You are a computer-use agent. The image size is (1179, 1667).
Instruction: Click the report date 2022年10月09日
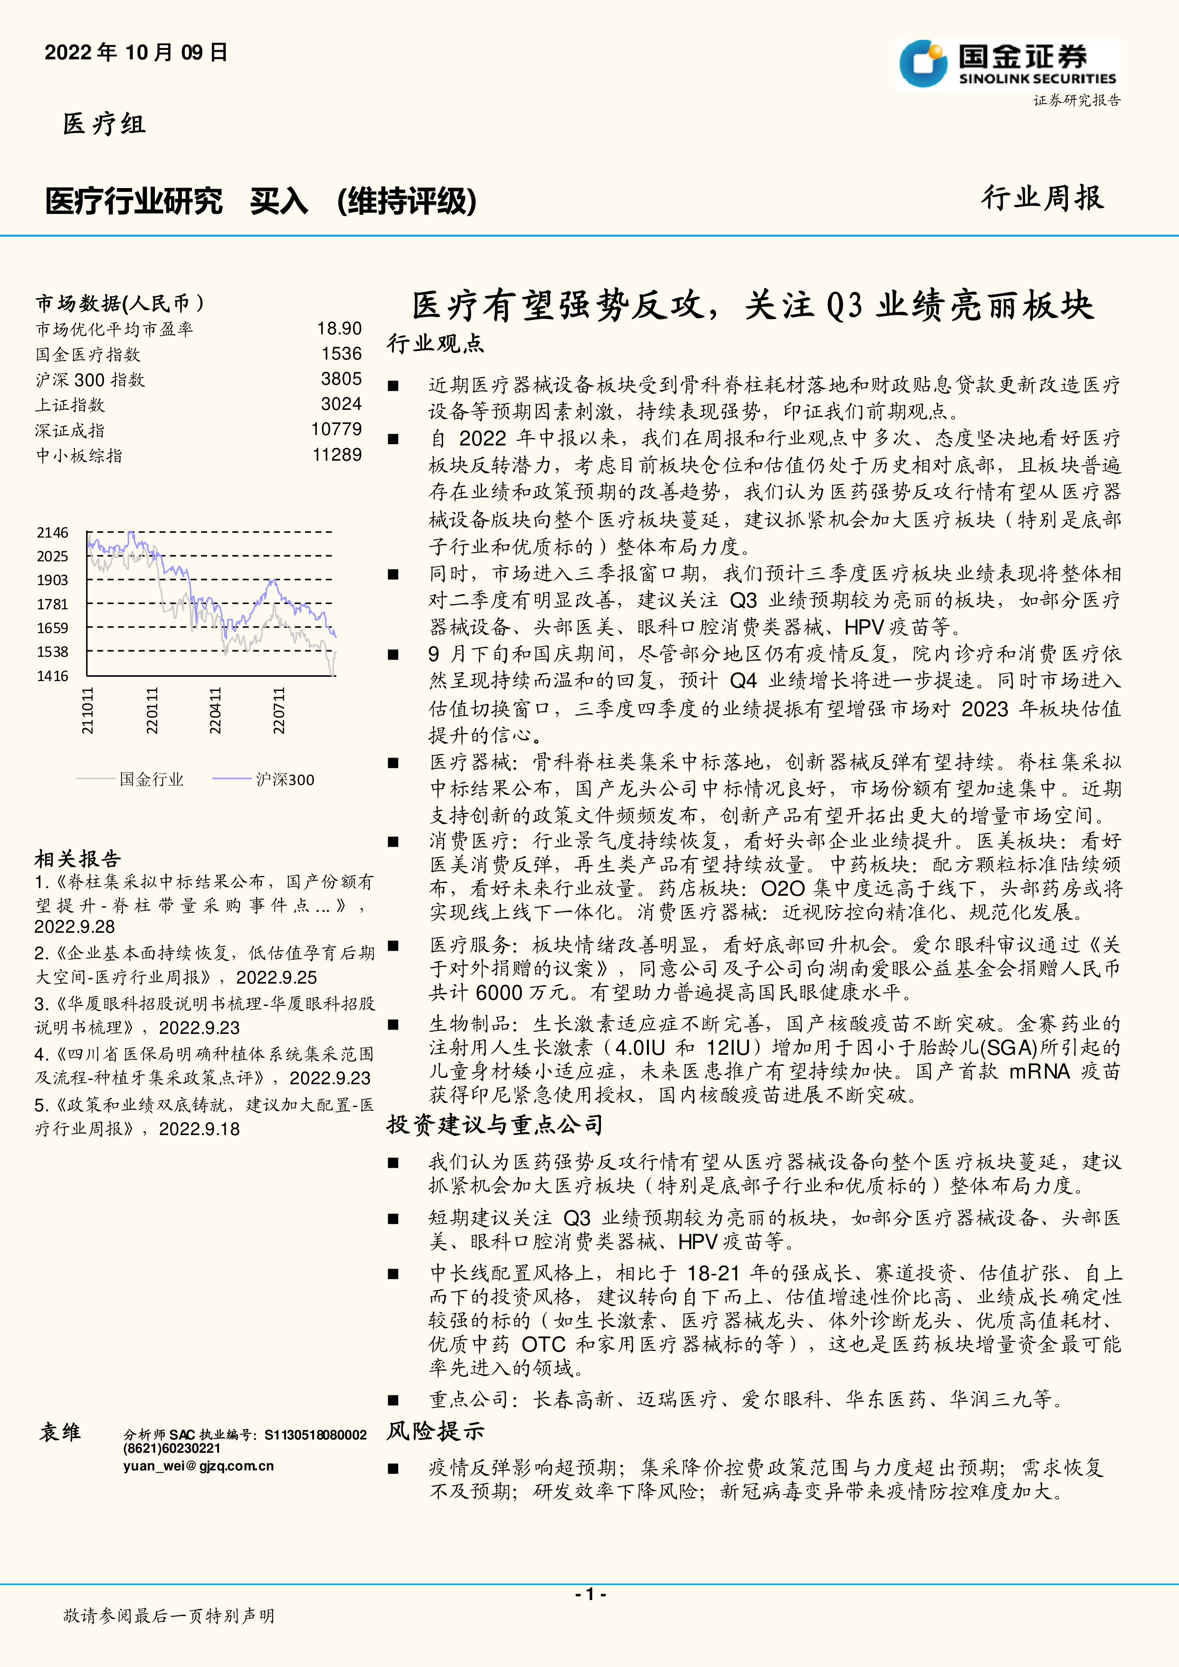[x=136, y=52]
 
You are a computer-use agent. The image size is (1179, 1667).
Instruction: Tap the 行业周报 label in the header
[x=1043, y=198]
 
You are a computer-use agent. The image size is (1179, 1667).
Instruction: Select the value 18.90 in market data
[x=339, y=329]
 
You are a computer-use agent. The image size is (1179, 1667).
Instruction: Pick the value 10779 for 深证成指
[x=336, y=429]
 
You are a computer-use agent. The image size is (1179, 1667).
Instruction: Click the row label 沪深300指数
[x=90, y=380]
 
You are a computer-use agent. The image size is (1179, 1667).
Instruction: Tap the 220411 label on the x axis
[x=216, y=711]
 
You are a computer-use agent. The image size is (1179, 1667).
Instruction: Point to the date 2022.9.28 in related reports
[x=75, y=927]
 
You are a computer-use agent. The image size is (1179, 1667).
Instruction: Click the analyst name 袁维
[x=60, y=1432]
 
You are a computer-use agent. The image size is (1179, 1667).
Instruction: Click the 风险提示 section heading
[x=435, y=1431]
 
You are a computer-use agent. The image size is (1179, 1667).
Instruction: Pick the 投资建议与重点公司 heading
[x=495, y=1125]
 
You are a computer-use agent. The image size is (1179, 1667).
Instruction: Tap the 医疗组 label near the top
[x=104, y=123]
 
